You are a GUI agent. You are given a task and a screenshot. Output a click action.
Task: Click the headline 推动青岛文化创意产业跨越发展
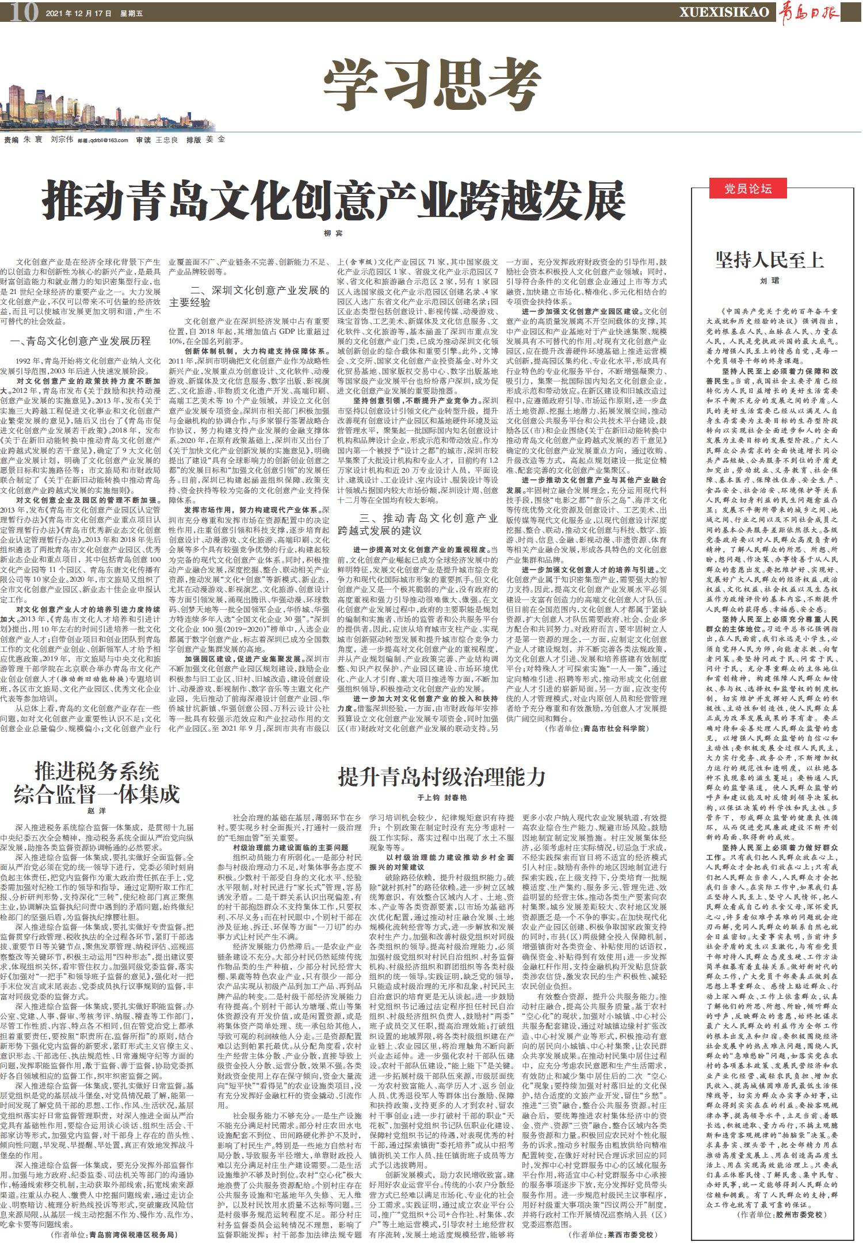coord(334,199)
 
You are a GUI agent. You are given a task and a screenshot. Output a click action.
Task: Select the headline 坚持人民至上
coord(769,261)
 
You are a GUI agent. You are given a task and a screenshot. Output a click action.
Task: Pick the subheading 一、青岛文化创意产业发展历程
coord(81,341)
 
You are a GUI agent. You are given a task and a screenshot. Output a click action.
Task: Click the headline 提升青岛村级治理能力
coord(441,777)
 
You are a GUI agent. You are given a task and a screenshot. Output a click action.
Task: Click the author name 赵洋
coord(97,811)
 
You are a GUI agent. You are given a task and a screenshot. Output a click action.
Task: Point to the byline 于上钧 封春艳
coord(441,799)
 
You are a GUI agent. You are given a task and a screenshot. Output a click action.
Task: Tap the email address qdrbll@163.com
coord(109,140)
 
